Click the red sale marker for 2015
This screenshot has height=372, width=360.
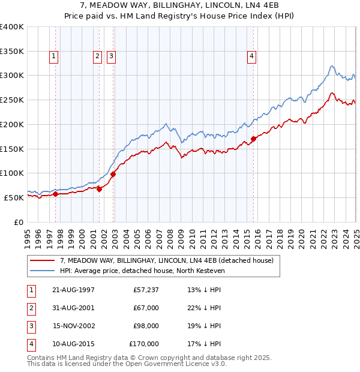pyautogui.click(x=253, y=139)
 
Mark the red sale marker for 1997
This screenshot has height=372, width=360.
pyautogui.click(x=55, y=194)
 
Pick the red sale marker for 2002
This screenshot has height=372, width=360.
pyautogui.click(x=113, y=174)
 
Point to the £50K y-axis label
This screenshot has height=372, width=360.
pyautogui.click(x=14, y=197)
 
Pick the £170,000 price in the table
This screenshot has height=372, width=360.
pyautogui.click(x=144, y=344)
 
